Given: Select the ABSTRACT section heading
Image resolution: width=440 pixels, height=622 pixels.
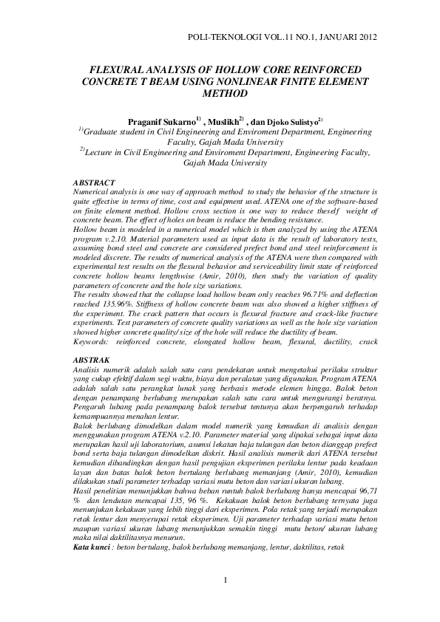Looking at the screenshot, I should pyautogui.click(x=95, y=182).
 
